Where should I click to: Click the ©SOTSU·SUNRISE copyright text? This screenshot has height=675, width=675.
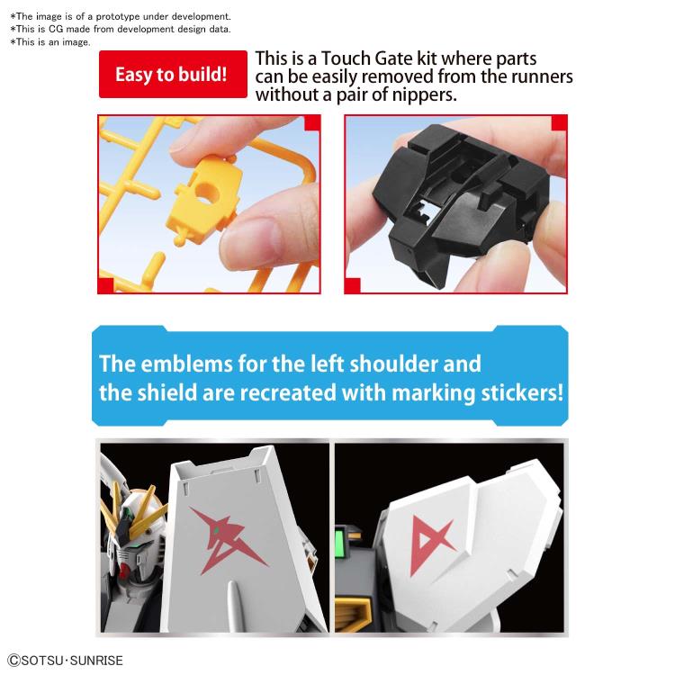[x=65, y=661]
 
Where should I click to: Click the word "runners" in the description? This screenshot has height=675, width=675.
[x=541, y=76]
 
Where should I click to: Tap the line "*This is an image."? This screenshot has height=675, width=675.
[x=50, y=42]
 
